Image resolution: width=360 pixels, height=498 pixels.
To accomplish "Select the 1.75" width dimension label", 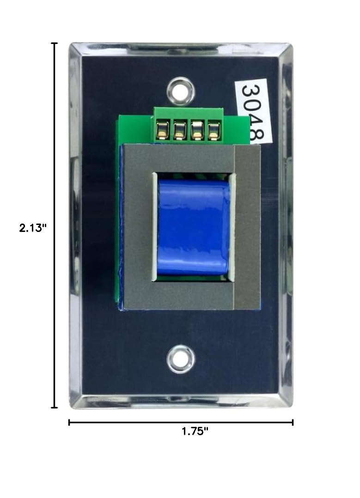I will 195,431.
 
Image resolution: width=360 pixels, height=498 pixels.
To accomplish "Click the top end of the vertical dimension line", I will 55,43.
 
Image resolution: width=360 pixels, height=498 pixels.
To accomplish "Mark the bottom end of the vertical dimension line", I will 55,407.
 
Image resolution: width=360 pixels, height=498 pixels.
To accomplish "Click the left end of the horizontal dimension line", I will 69,422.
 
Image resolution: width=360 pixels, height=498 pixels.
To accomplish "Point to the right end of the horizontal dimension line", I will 293,422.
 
